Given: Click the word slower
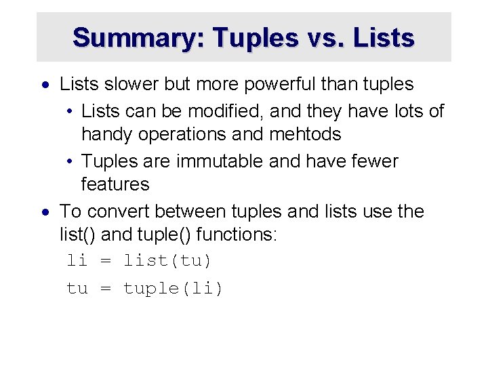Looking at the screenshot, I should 129,84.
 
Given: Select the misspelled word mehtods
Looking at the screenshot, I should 305,134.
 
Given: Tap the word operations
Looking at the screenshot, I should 182,134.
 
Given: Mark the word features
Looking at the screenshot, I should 115,184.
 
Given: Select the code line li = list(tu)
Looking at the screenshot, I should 139,260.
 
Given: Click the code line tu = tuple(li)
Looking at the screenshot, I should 144,288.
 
